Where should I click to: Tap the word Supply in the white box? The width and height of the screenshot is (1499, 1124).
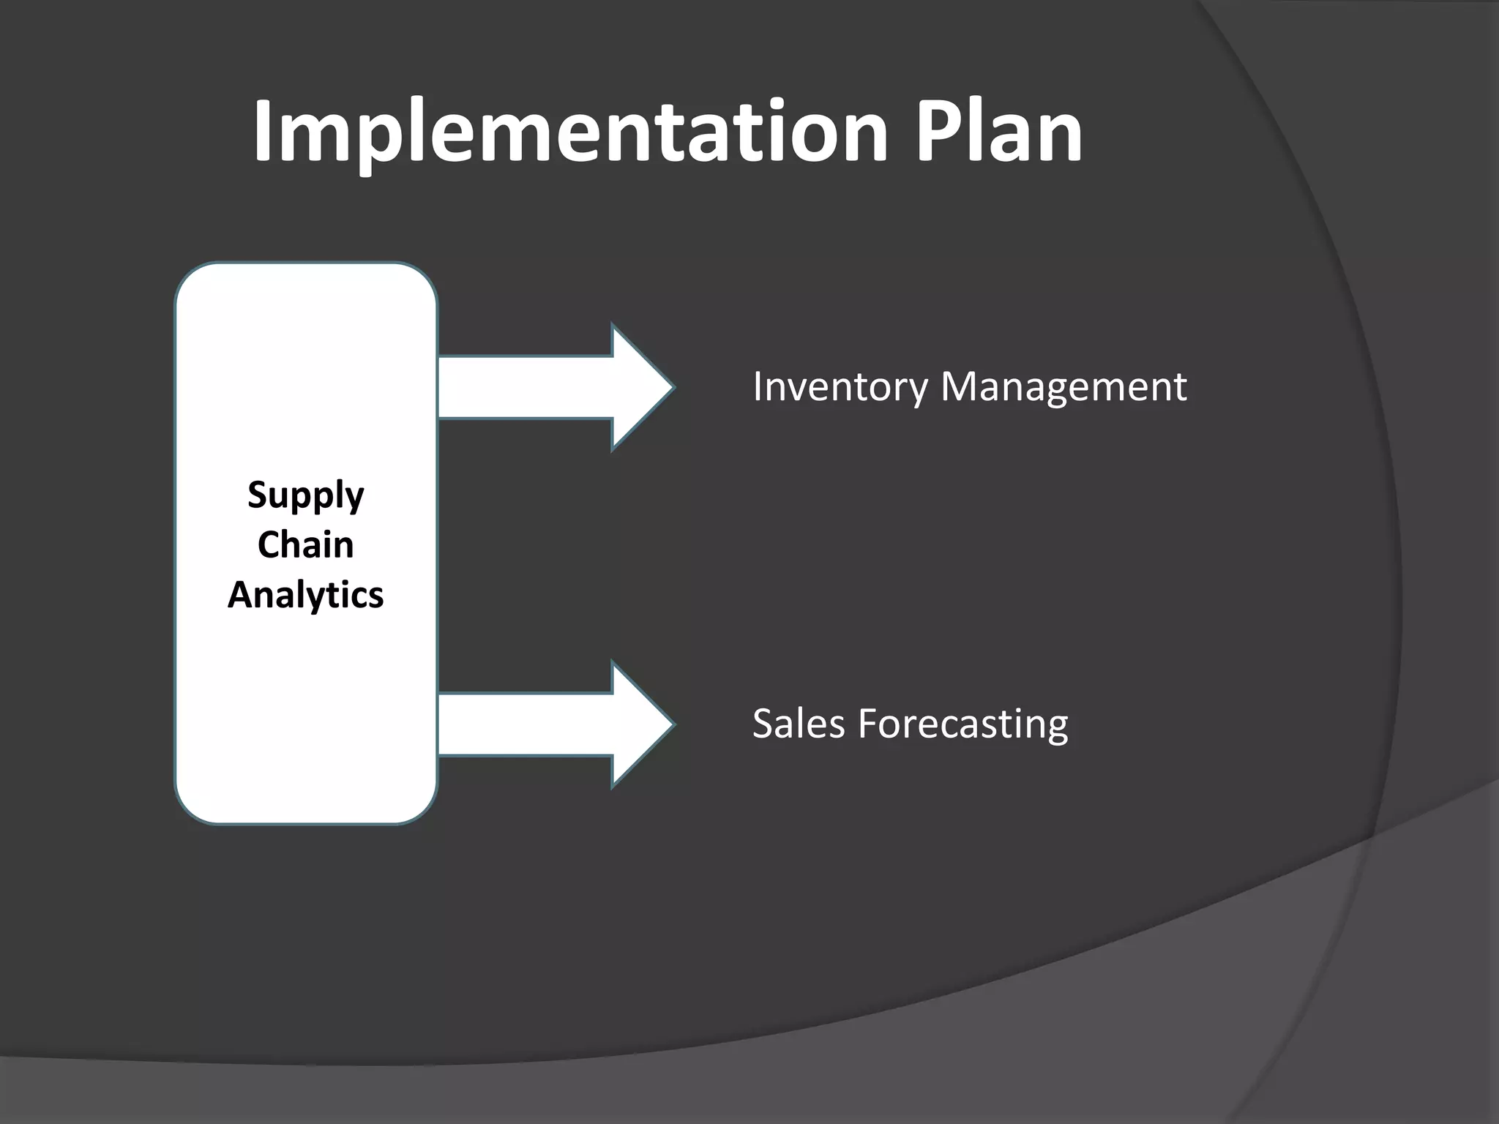click(305, 496)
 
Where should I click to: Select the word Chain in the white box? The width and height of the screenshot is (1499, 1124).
click(305, 545)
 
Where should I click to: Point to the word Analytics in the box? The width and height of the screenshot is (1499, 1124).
click(305, 595)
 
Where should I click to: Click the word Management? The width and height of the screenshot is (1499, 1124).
click(1063, 387)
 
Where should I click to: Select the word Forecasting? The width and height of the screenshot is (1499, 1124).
click(962, 724)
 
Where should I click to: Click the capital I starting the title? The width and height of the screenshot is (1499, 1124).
click(263, 132)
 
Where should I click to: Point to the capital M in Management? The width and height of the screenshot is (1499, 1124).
click(960, 386)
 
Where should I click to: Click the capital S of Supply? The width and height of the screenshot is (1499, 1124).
click(258, 495)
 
